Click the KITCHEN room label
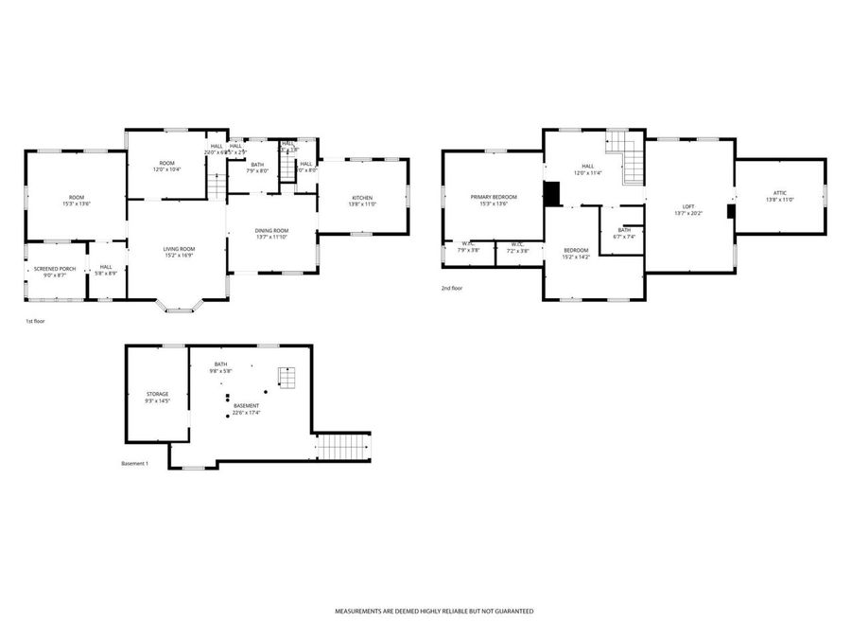click(x=362, y=197)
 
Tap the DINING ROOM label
click(x=271, y=230)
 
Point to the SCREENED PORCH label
click(x=55, y=269)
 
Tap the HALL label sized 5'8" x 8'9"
click(x=106, y=267)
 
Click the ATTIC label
click(x=779, y=192)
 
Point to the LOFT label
click(x=689, y=206)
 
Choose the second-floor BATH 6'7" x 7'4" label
click(x=624, y=230)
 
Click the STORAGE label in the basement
click(x=157, y=393)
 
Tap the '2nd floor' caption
click(x=451, y=288)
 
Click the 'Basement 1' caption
click(x=135, y=464)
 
